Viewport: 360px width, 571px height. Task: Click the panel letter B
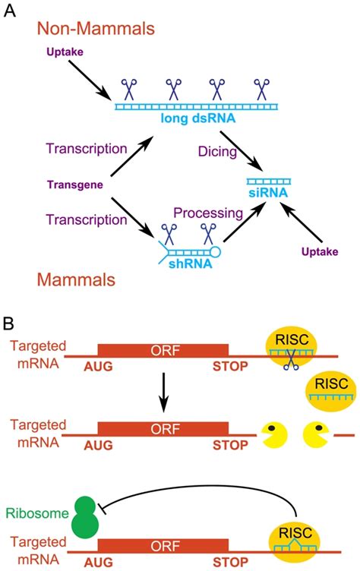point(11,323)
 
